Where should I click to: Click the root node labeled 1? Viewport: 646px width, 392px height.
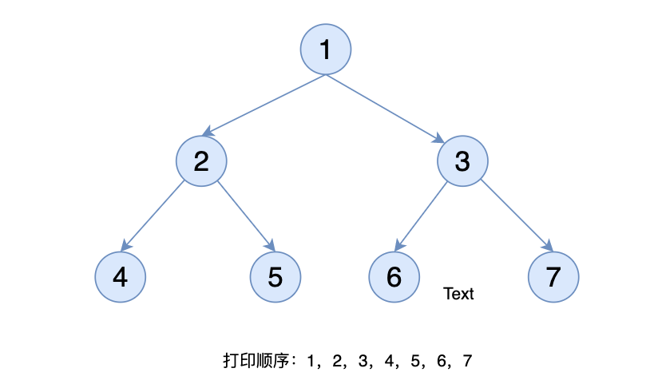tap(326, 49)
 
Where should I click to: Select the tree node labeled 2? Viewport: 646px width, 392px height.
tap(201, 160)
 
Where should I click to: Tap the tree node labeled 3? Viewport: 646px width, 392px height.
tap(462, 160)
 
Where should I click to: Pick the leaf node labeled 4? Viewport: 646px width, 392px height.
tap(121, 276)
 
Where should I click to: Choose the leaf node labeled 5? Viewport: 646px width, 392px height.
tap(275, 276)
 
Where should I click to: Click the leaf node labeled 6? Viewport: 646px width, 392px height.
tap(394, 276)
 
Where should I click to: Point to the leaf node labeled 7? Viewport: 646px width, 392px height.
tap(553, 276)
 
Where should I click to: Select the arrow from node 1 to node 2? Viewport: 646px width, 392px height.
tap(264, 105)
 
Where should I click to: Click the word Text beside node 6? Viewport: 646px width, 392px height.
tap(458, 294)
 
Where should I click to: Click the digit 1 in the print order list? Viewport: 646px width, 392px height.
tap(311, 361)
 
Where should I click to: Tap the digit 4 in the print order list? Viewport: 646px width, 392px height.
tap(390, 361)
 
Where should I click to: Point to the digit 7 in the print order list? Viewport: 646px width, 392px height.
tap(467, 361)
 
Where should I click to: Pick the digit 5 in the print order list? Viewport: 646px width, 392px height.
tap(415, 361)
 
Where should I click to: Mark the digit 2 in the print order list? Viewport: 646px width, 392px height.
tap(337, 361)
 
